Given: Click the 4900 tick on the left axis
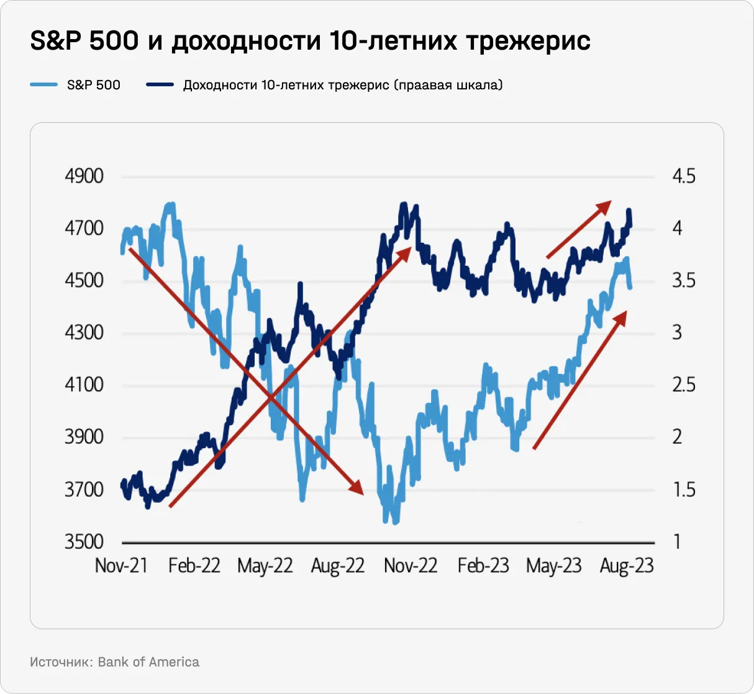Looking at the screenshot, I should [x=84, y=176].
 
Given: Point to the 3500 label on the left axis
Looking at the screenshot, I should [x=84, y=542].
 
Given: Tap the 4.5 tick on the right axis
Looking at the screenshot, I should [x=684, y=176].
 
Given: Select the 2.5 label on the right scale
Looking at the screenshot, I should [x=684, y=385].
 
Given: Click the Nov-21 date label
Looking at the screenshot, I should [x=121, y=566].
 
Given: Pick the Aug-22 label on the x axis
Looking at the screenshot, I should [x=337, y=566].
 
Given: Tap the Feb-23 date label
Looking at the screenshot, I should [x=483, y=566].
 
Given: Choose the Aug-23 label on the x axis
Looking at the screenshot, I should [x=627, y=566].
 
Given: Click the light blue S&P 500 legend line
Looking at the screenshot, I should [x=43, y=85].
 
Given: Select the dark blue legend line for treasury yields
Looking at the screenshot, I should [x=160, y=85].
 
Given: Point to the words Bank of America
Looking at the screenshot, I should [x=148, y=662].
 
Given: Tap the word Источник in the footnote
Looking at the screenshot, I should [x=60, y=662].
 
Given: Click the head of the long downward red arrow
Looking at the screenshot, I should [x=357, y=488].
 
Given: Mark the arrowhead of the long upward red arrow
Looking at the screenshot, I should [x=405, y=251].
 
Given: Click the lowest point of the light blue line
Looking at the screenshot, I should [x=395, y=521].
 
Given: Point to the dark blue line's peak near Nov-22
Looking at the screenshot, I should [x=404, y=204].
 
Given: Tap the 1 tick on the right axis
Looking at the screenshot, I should [x=678, y=542].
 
